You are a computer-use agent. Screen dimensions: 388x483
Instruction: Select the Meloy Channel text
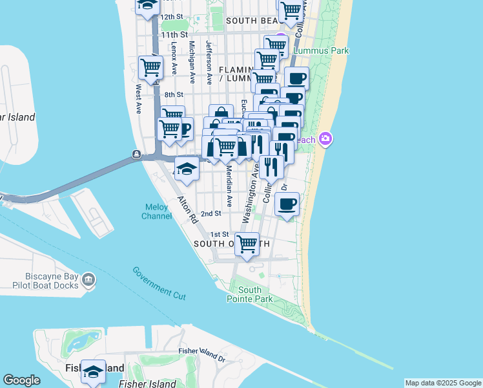tap(157, 211)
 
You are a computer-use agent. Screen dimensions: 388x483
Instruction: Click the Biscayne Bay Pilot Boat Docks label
tap(39, 284)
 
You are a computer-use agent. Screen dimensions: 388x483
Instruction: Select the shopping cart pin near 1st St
tap(247, 244)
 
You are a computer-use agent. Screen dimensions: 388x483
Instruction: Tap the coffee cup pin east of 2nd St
tap(287, 204)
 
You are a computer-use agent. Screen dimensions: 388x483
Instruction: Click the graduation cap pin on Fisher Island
tap(93, 372)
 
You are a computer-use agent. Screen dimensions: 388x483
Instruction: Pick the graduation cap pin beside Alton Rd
tap(187, 169)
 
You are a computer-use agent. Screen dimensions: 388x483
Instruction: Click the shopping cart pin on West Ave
tap(150, 67)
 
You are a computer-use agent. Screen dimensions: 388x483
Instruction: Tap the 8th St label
tap(174, 94)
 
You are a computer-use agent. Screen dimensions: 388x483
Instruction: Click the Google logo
tap(21, 380)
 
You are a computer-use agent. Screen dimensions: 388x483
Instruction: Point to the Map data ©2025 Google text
tap(443, 383)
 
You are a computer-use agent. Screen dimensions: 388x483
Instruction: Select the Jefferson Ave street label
tap(209, 63)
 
